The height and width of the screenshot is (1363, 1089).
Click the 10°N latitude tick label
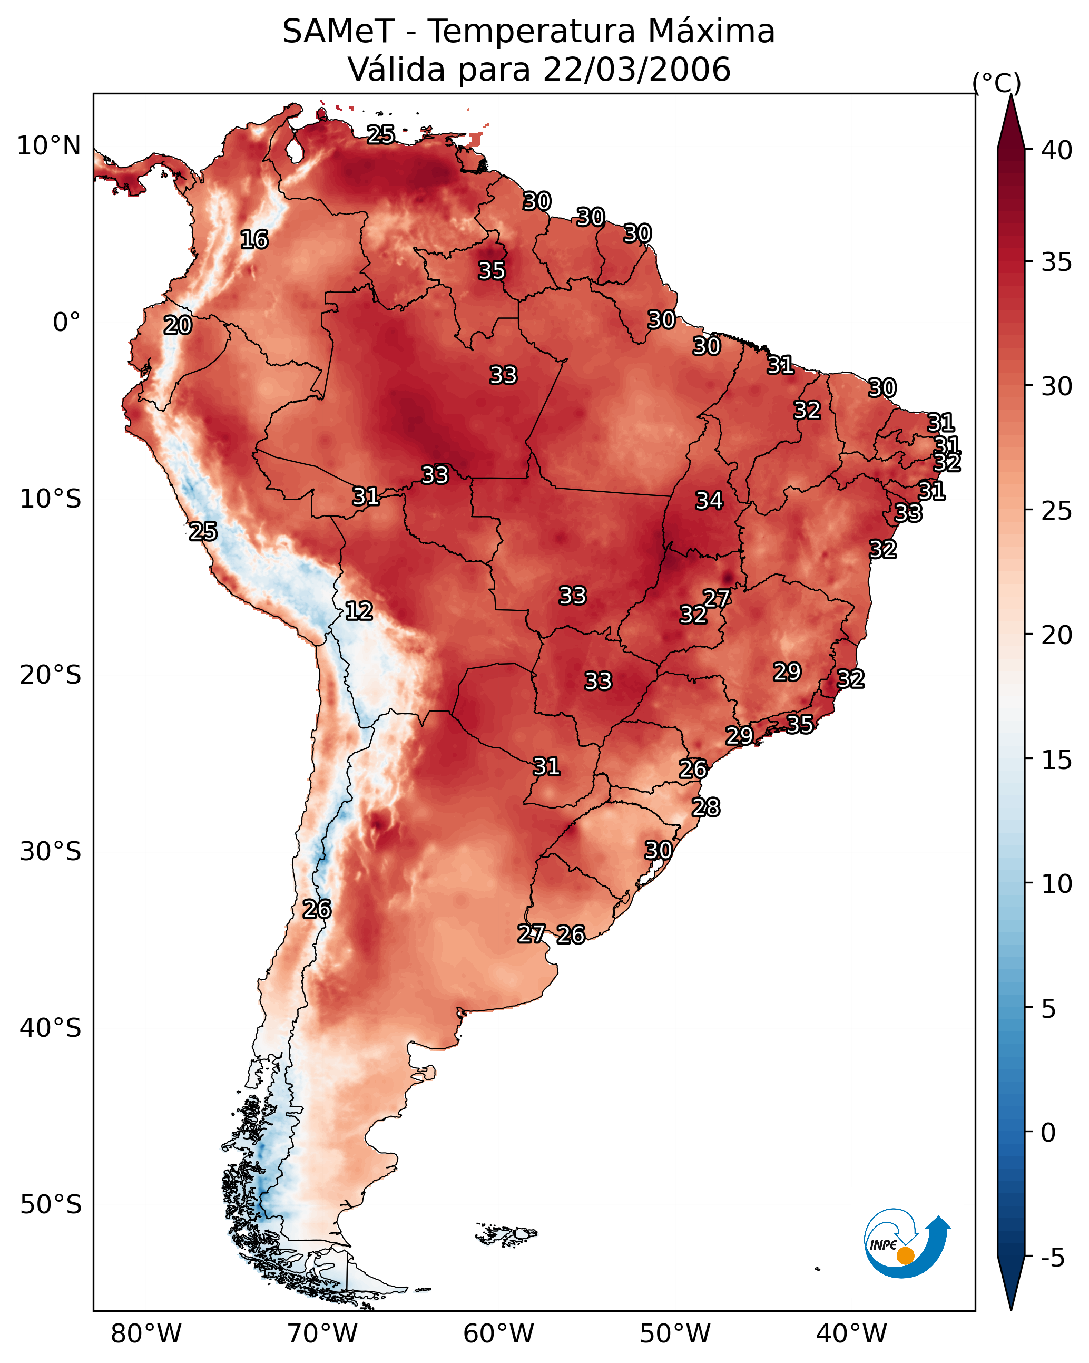[x=48, y=146]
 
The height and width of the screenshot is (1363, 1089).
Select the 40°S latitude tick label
[x=50, y=1028]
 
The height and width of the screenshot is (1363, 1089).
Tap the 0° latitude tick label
[x=66, y=323]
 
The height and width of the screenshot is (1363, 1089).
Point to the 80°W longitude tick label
[x=146, y=1334]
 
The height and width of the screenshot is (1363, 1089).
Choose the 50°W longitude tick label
[x=675, y=1334]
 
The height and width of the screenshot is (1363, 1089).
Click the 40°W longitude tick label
[x=851, y=1334]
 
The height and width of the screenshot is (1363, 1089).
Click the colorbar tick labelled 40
[x=1057, y=150]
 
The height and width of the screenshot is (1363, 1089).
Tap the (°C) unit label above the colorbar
[x=996, y=83]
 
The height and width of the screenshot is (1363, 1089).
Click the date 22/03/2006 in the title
[x=636, y=70]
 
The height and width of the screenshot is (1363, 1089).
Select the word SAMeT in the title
[x=338, y=32]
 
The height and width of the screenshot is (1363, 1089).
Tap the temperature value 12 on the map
[x=358, y=611]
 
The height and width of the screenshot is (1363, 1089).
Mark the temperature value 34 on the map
[x=709, y=501]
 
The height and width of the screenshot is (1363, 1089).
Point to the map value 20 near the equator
[x=178, y=326]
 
